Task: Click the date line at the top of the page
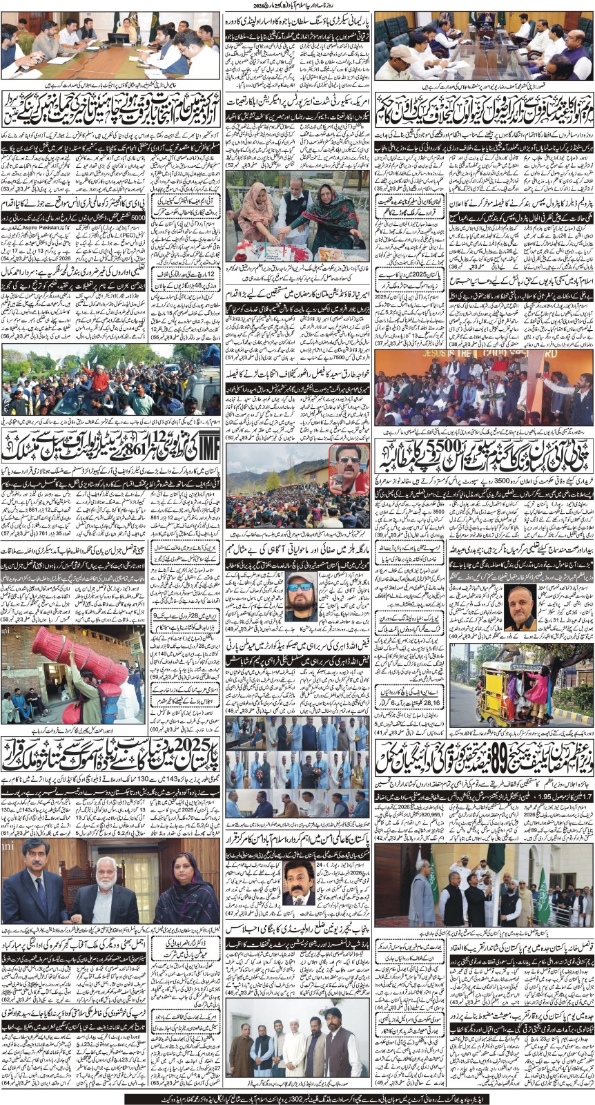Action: click(x=297, y=6)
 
